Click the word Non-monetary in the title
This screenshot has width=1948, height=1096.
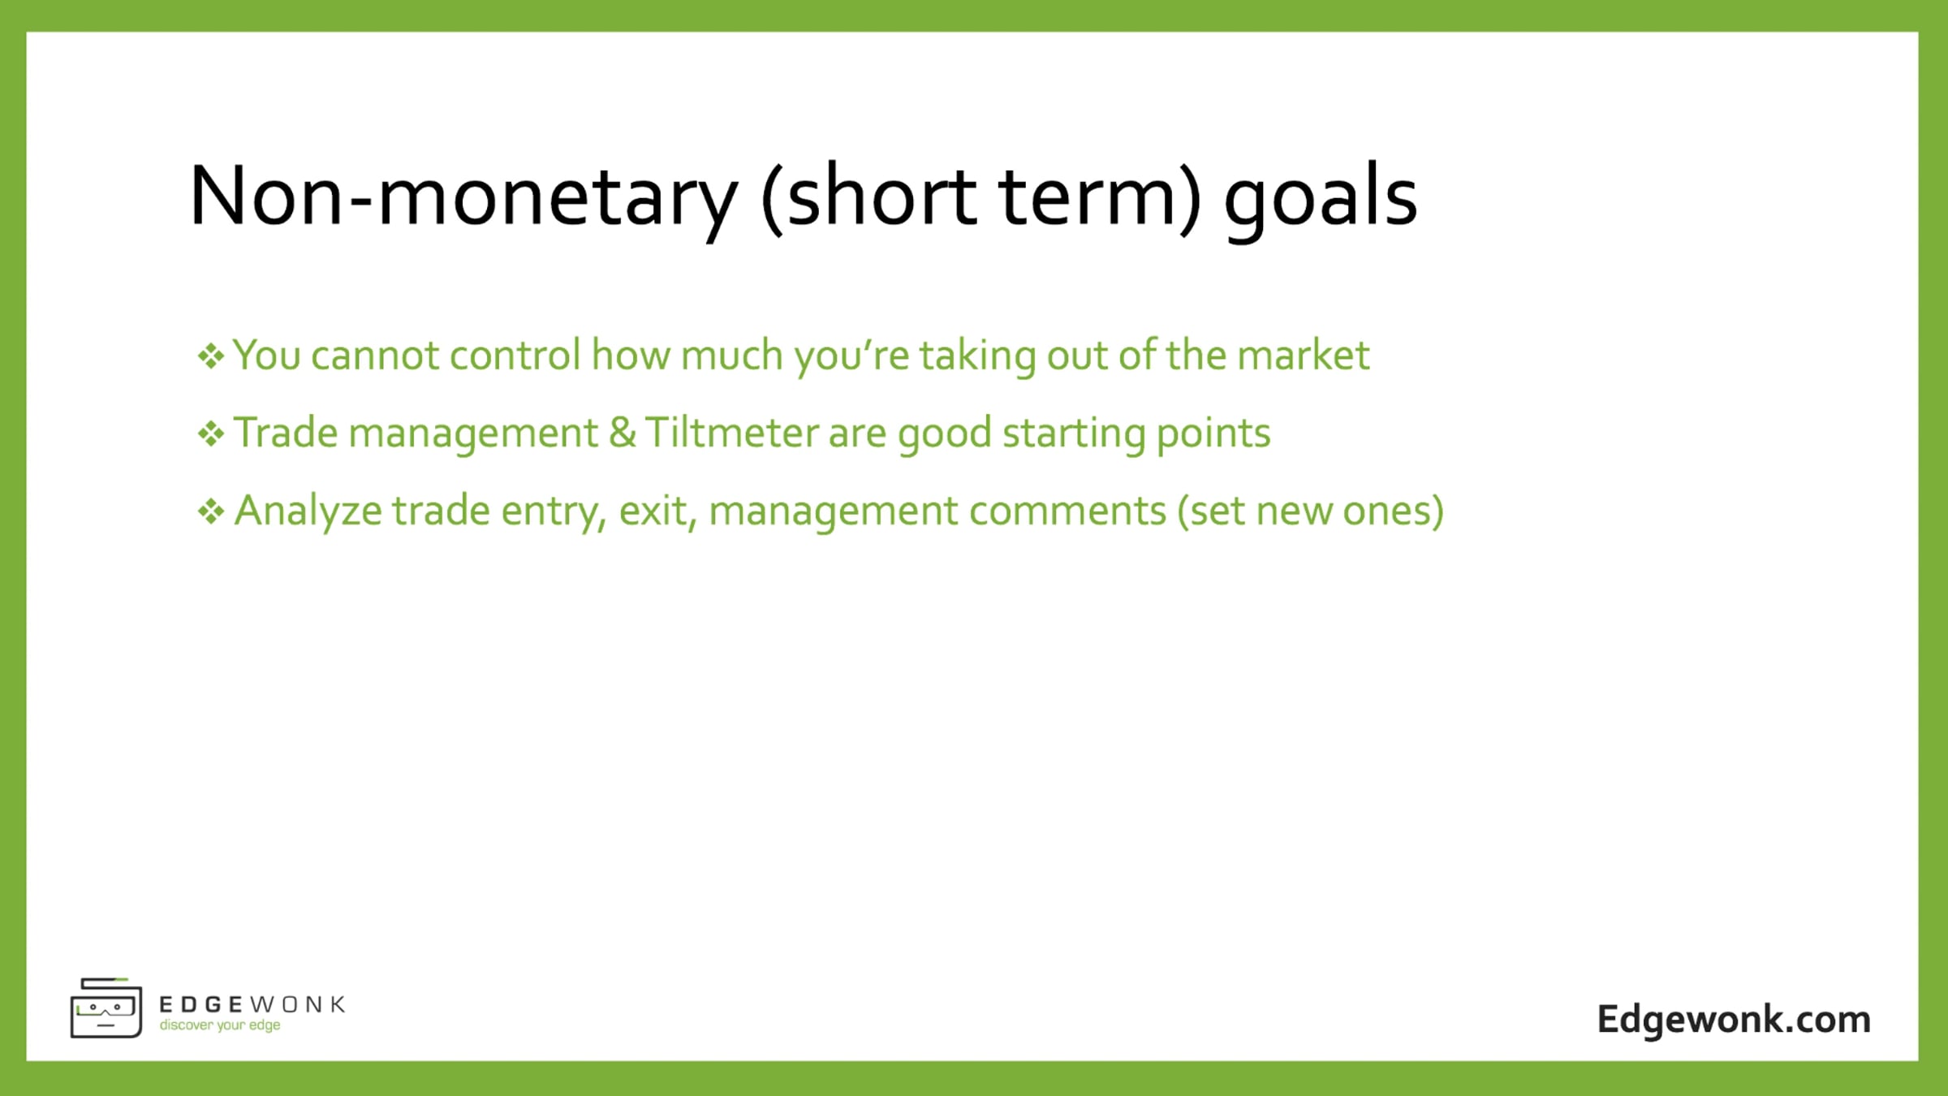pyautogui.click(x=463, y=196)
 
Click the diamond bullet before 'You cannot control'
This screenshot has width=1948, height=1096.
pyautogui.click(x=211, y=356)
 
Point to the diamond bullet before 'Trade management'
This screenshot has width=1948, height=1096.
pyautogui.click(x=211, y=434)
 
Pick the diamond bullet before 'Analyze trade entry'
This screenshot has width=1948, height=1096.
pyautogui.click(x=211, y=511)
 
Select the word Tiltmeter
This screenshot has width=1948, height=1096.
pyautogui.click(x=732, y=433)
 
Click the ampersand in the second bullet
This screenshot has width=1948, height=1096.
pyautogui.click(x=623, y=433)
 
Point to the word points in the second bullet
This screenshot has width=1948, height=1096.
pyautogui.click(x=1213, y=435)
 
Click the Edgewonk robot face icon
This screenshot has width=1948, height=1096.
pyautogui.click(x=106, y=1008)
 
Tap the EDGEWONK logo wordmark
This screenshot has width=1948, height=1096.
pyautogui.click(x=252, y=1005)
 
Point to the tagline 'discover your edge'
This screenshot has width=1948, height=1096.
pyautogui.click(x=220, y=1025)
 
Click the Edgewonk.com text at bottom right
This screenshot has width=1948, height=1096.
pyautogui.click(x=1734, y=1020)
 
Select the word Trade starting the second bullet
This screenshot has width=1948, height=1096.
pyautogui.click(x=286, y=433)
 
